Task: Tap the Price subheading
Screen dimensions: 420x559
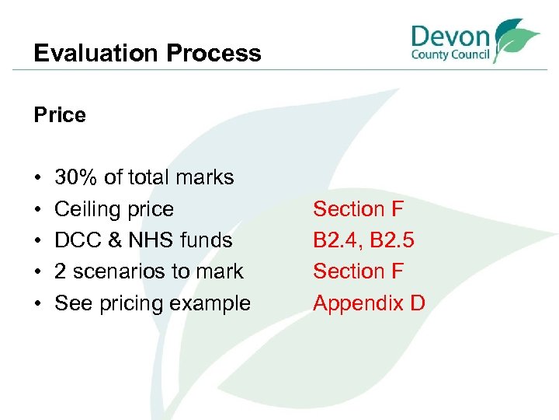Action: (x=60, y=115)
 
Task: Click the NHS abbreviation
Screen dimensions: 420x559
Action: (x=154, y=240)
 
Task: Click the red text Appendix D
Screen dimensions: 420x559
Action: (x=369, y=303)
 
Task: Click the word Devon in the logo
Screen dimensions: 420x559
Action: (x=450, y=37)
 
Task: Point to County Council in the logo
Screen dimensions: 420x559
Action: (x=450, y=56)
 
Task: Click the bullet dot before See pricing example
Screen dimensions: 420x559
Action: (x=39, y=303)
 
